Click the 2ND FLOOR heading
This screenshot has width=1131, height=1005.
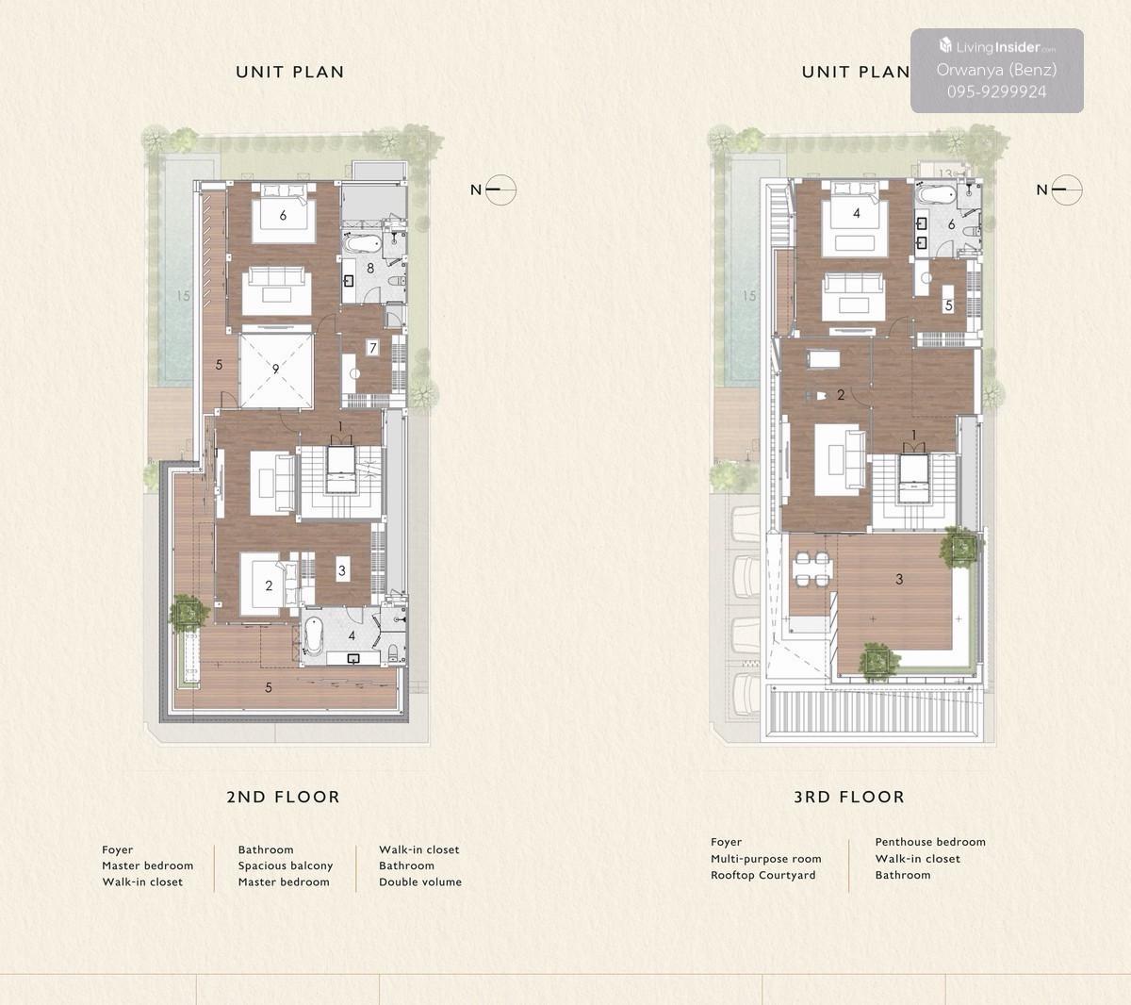tap(283, 797)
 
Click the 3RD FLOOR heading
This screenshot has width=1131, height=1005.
tap(849, 797)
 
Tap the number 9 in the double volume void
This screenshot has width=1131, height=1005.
tap(275, 369)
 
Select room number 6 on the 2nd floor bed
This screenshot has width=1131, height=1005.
tap(283, 215)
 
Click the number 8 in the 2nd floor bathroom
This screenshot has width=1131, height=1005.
tap(370, 269)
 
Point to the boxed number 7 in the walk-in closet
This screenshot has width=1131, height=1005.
tap(373, 348)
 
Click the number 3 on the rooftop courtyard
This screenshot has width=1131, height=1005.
tap(899, 579)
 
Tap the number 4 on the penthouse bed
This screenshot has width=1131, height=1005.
tap(857, 213)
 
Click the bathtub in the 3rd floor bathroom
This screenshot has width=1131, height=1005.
tap(937, 196)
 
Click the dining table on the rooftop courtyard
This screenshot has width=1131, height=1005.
tap(812, 568)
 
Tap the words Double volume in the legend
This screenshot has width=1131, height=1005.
tap(420, 882)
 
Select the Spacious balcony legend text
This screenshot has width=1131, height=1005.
tap(286, 866)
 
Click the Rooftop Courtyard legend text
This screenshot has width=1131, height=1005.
tap(763, 875)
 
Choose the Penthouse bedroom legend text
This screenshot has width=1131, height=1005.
tap(930, 841)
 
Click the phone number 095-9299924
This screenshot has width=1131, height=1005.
tap(996, 91)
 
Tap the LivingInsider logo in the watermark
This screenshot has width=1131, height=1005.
tap(997, 46)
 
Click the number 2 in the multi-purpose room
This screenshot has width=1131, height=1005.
tap(841, 395)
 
